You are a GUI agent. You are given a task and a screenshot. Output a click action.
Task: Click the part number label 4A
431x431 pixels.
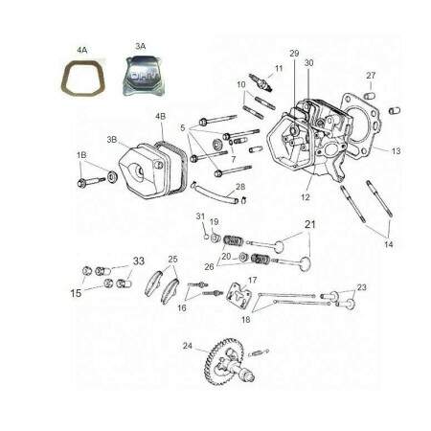pos(82,50)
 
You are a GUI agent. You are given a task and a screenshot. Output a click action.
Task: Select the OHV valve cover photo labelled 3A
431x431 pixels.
pos(142,76)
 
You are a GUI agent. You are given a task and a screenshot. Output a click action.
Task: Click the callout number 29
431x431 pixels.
pos(294,54)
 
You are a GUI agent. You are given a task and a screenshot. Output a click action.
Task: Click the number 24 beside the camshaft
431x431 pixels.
pos(188,346)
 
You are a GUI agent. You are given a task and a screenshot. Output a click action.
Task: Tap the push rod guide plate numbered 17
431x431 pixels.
pos(238,296)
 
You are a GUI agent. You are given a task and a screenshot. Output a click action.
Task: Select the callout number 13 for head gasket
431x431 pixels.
pos(396,151)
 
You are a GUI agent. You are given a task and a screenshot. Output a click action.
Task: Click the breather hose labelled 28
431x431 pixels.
pos(215,193)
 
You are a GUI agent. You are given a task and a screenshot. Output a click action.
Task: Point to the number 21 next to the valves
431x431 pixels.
pos(310,225)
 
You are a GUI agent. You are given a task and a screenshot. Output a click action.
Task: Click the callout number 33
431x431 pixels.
pos(139,261)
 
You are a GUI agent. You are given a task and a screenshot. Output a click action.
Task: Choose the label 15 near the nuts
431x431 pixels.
pos(76,293)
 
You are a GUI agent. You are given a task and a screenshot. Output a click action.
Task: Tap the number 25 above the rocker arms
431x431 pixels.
pos(172,259)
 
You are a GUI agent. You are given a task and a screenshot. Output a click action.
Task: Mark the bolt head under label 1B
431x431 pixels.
pos(80,184)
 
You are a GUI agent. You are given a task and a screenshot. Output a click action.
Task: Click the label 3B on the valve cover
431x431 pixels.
pos(112,140)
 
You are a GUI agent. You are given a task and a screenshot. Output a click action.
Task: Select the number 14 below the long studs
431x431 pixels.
pos(389,244)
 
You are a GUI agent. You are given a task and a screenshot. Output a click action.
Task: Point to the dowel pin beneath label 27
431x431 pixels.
pos(370,95)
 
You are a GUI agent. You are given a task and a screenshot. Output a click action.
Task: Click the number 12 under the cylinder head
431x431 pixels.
pos(306,197)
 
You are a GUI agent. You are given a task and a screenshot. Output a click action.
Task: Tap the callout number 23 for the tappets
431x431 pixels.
pos(361,287)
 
